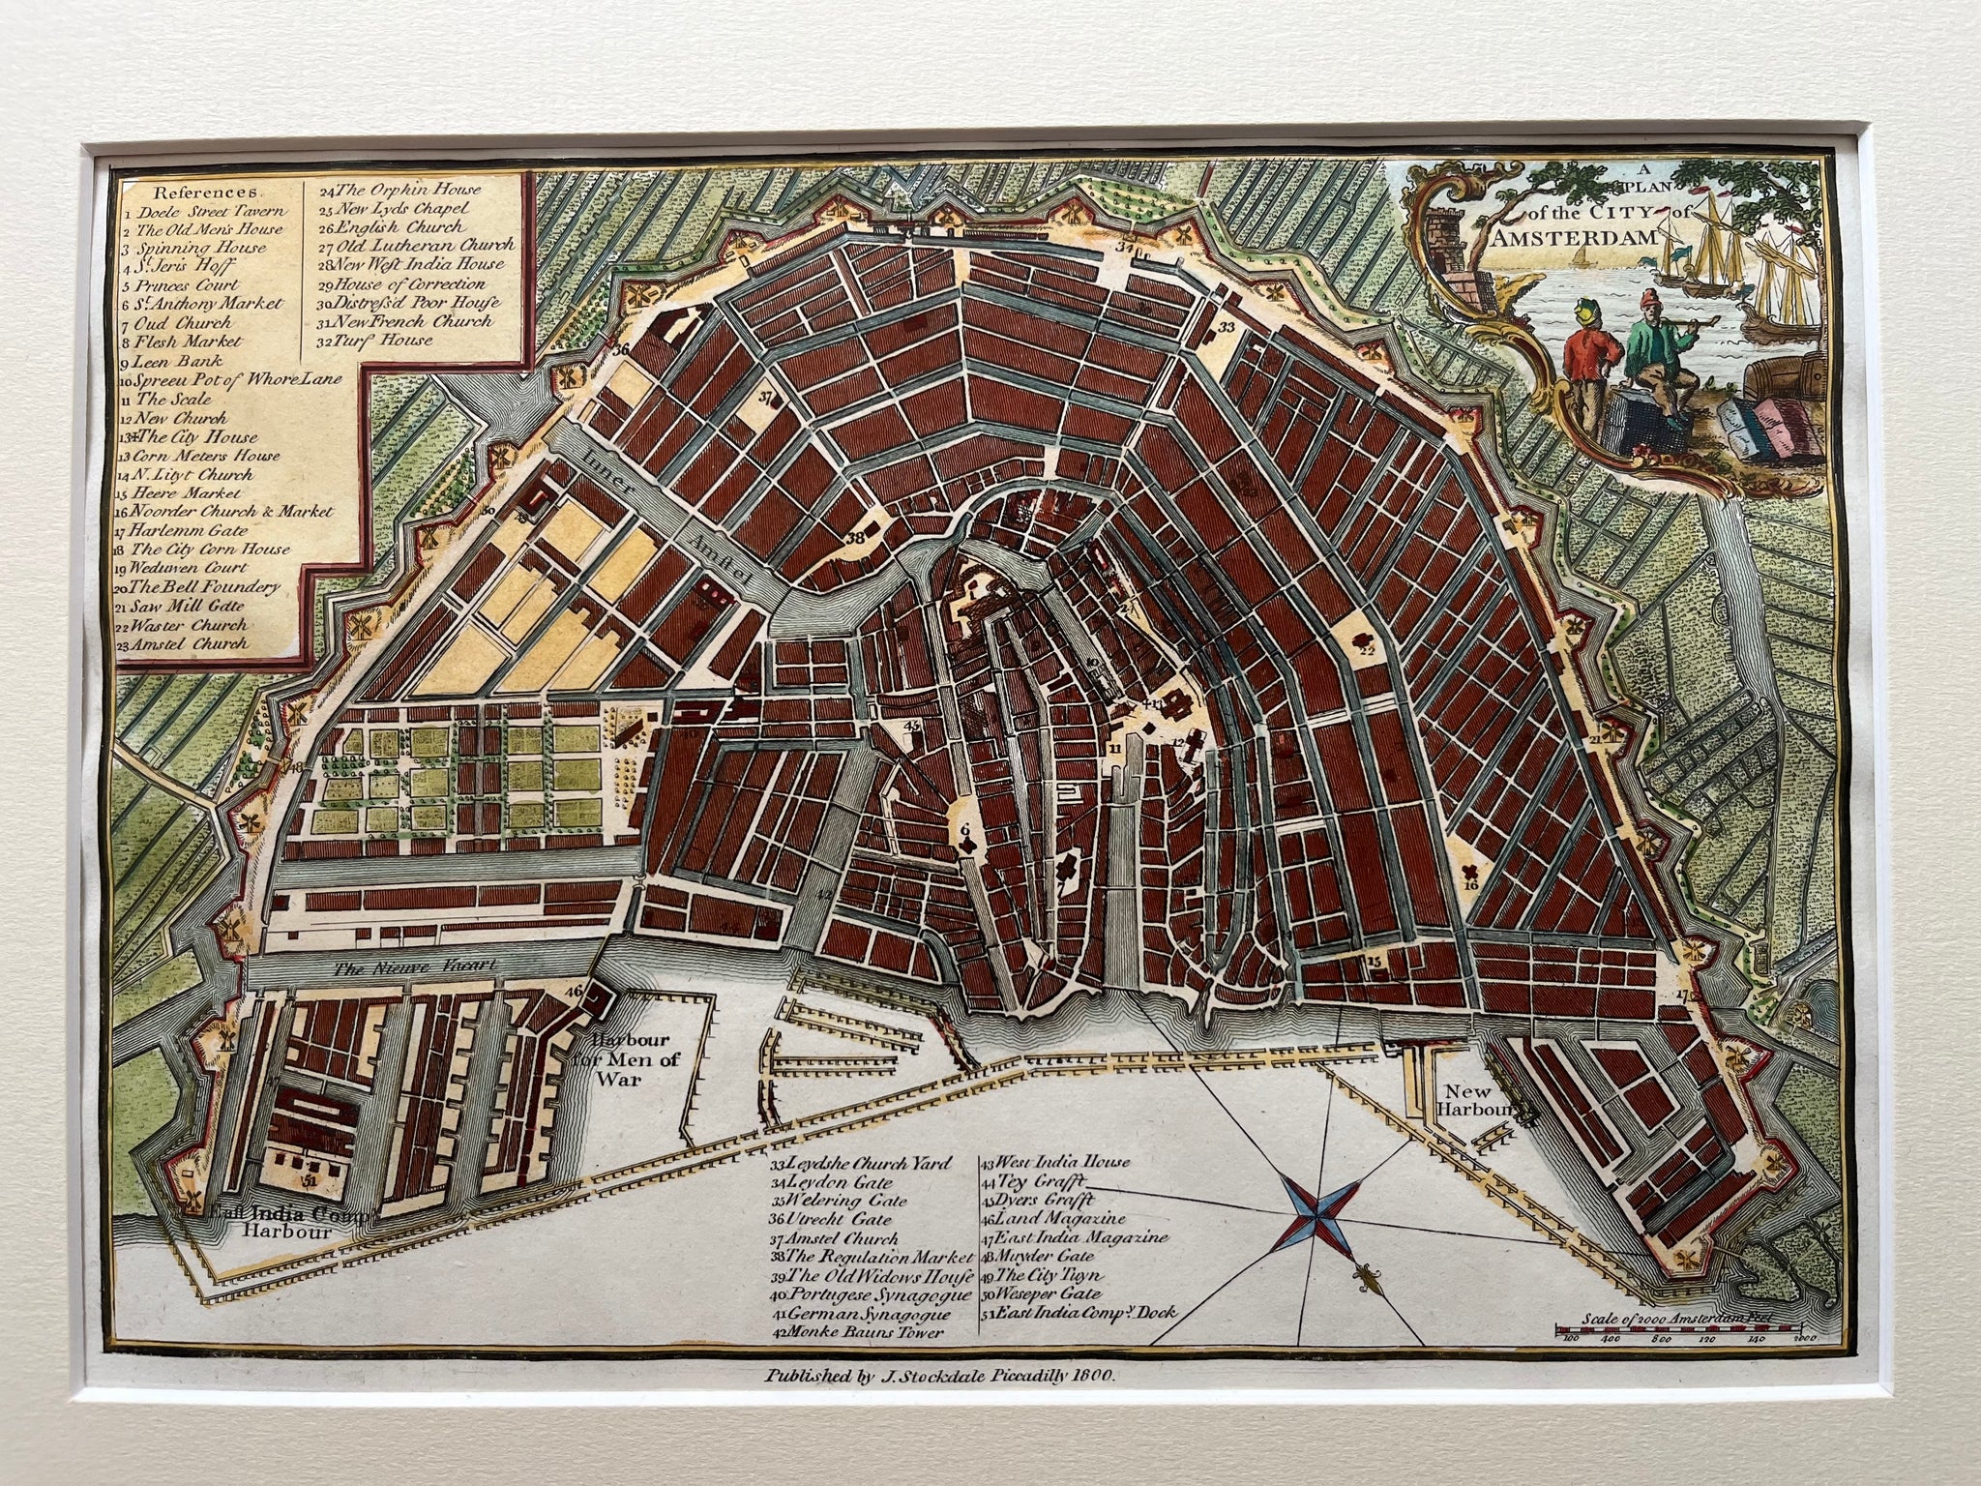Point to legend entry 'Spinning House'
click(x=186, y=248)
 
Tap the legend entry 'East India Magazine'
click(x=1076, y=1237)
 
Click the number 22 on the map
click(x=1367, y=650)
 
